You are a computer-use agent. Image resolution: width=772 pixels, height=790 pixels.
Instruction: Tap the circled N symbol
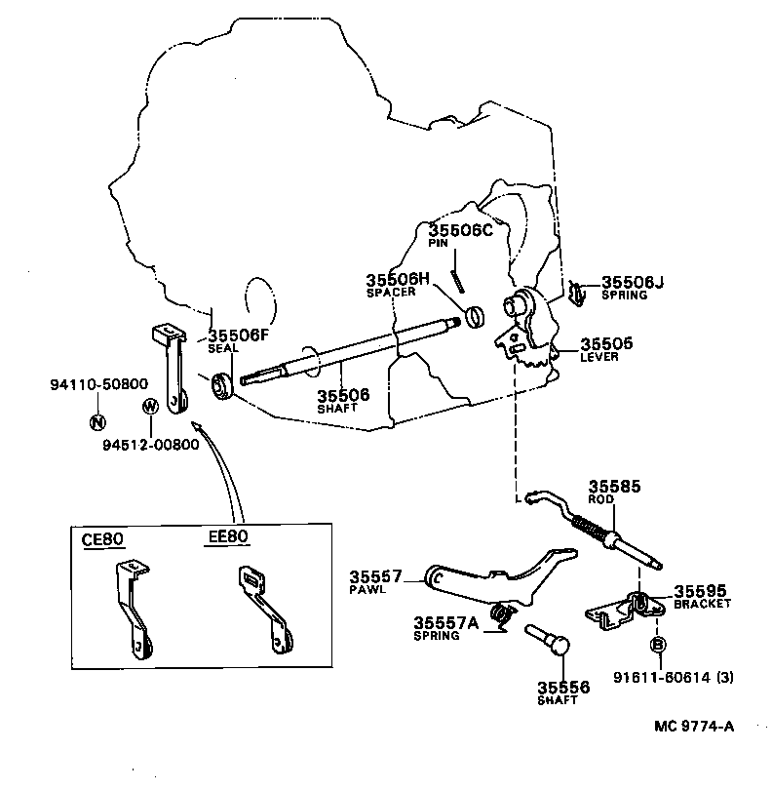96,422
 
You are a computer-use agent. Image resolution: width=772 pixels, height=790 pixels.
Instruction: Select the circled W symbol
151,406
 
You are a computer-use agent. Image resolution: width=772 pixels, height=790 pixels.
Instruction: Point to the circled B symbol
658,645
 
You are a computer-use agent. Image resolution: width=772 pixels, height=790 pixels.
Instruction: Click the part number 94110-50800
99,384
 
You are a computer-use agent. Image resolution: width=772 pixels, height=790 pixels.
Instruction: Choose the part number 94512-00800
150,445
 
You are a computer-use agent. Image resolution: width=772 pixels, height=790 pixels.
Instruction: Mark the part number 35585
614,485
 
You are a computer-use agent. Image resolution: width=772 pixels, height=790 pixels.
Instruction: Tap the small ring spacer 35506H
475,317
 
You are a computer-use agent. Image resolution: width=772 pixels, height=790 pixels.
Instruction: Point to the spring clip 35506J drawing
576,291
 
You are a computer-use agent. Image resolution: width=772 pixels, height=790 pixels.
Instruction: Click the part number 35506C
462,230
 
